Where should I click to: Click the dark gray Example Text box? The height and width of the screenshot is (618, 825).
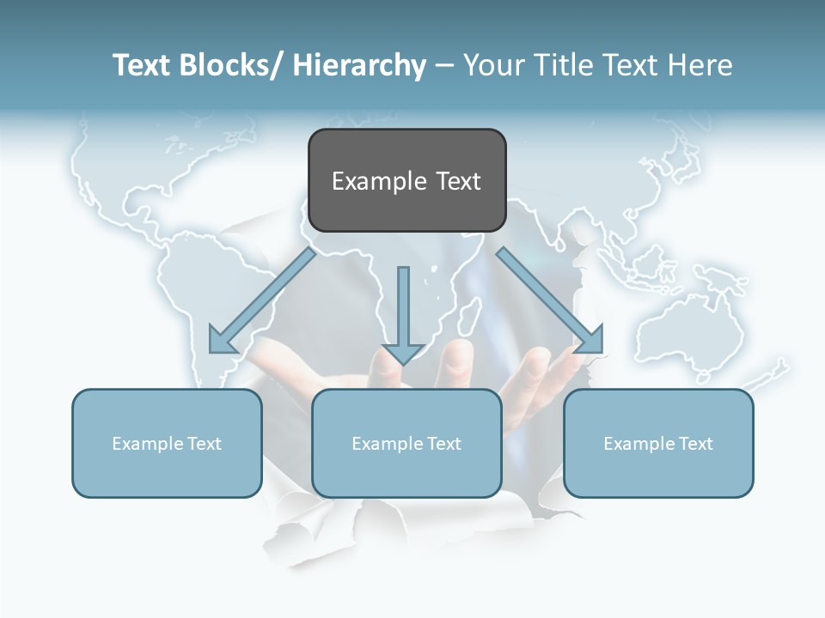pos(406,180)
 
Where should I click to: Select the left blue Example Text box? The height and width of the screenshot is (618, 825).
pos(167,443)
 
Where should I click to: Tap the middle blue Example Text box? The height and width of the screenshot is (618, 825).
pos(406,443)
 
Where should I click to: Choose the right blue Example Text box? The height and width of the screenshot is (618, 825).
pos(658,443)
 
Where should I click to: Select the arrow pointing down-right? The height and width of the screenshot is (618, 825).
pos(550,300)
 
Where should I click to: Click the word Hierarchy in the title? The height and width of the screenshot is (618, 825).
pos(359,65)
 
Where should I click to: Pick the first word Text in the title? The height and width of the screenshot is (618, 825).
pos(142,65)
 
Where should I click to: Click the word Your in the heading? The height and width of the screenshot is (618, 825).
pos(493,65)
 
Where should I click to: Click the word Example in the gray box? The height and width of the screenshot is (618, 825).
pos(380,181)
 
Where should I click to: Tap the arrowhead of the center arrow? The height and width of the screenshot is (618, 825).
pos(403,353)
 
